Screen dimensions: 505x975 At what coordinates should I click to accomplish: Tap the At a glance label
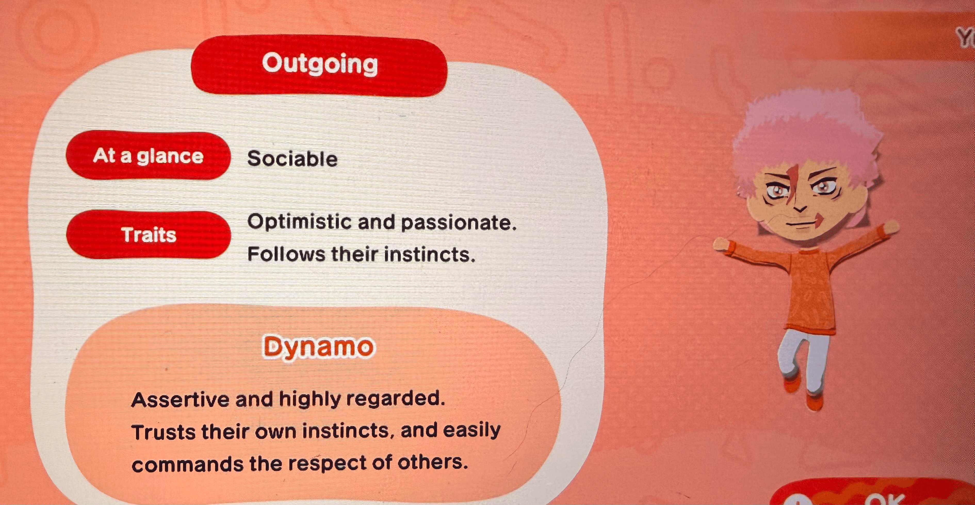click(148, 155)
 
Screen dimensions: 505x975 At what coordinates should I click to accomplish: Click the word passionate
click(458, 223)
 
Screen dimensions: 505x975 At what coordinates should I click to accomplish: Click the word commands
click(187, 464)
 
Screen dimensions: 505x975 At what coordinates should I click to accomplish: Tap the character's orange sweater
click(810, 287)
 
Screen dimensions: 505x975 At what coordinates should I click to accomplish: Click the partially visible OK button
click(882, 498)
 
